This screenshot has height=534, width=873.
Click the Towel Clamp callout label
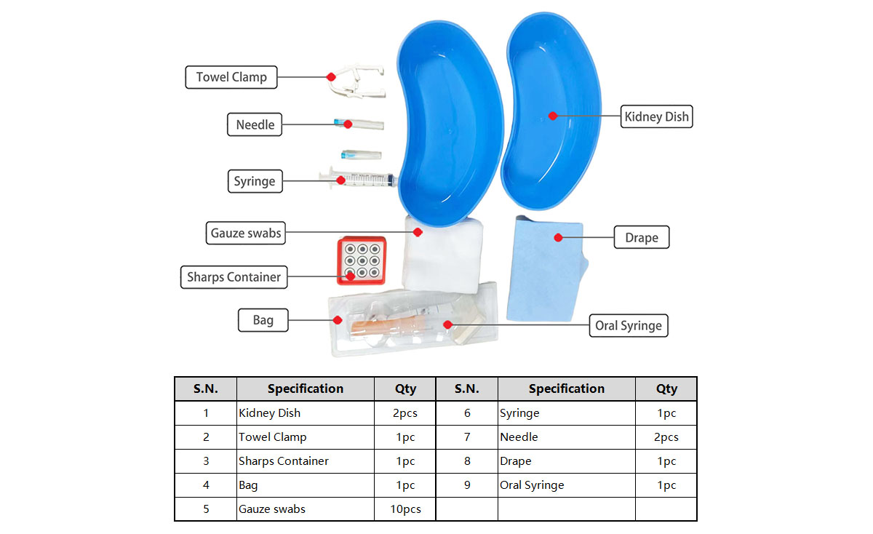tap(231, 77)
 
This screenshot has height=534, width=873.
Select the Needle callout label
tap(255, 124)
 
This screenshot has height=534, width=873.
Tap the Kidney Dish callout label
tap(656, 116)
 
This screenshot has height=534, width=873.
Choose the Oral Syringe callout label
tap(629, 325)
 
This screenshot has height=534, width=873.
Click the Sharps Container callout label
tap(234, 276)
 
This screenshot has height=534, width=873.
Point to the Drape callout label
tap(641, 238)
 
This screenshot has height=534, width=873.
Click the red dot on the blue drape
tap(559, 236)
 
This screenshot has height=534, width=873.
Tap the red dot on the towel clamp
tap(331, 76)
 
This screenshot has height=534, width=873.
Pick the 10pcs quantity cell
tap(405, 509)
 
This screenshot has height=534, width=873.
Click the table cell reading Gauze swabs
tap(305, 509)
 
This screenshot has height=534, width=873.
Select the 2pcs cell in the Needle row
tap(666, 437)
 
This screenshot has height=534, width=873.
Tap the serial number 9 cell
tap(467, 485)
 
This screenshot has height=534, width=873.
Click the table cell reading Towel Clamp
tap(305, 437)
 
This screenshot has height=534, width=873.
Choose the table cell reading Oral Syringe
tap(566, 485)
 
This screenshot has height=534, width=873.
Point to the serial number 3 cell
tap(206, 461)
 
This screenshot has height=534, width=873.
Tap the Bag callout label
tap(263, 319)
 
